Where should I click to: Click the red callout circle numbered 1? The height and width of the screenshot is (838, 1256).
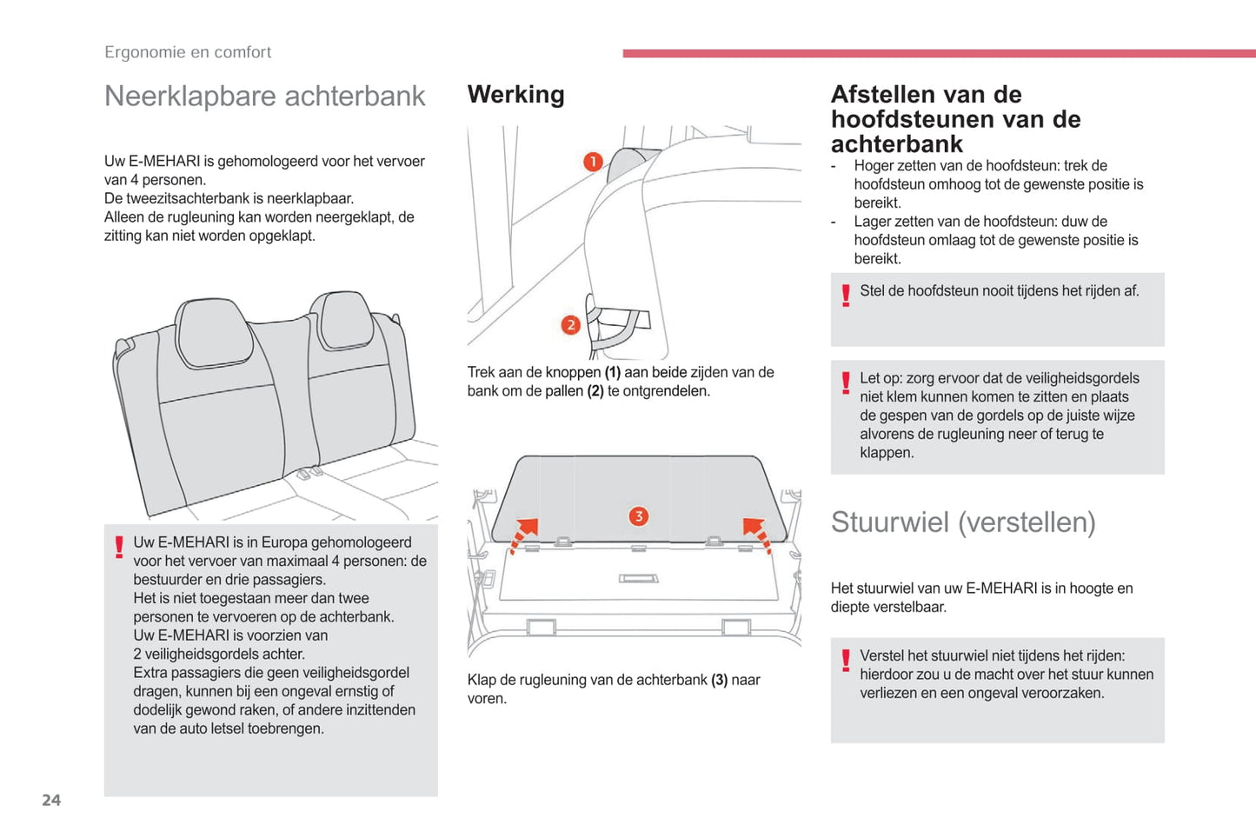[x=593, y=162]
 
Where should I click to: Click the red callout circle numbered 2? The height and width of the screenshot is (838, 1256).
[x=570, y=325]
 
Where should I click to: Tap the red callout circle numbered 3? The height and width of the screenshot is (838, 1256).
[x=638, y=516]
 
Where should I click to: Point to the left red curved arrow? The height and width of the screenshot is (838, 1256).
[x=524, y=534]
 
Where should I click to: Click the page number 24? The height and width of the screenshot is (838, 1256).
[x=51, y=800]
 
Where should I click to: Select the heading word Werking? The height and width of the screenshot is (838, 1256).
[x=515, y=94]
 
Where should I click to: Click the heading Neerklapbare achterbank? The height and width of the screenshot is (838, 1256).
[x=264, y=96]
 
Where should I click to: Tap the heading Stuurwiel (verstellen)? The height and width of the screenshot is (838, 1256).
[x=962, y=522]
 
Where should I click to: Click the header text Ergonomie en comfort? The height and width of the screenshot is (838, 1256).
[x=188, y=52]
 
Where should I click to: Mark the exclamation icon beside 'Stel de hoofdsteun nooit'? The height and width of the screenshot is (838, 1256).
[x=846, y=296]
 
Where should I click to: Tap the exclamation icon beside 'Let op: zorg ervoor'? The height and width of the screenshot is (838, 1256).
[x=846, y=382]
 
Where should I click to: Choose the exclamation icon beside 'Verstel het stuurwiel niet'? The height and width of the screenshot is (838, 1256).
[x=846, y=661]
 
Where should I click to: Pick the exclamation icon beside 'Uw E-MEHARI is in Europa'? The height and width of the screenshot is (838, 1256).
[x=119, y=547]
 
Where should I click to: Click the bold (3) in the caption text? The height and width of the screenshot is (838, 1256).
[x=719, y=680]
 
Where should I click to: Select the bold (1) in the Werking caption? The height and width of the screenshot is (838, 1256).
[x=613, y=372]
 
